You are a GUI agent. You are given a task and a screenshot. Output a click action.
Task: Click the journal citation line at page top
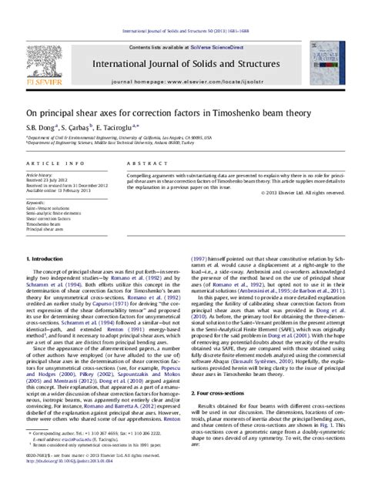pos(182,10)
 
